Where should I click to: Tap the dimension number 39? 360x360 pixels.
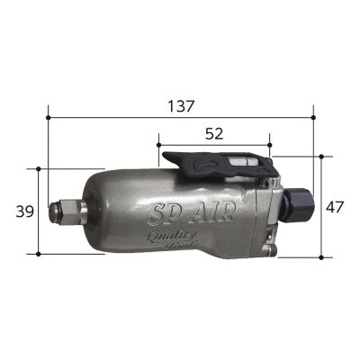pyautogui.click(x=25, y=211)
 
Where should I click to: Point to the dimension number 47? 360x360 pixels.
pyautogui.click(x=336, y=207)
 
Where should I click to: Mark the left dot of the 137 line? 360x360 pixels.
pyautogui.click(x=49, y=116)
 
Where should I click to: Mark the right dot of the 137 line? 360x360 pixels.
pyautogui.click(x=313, y=116)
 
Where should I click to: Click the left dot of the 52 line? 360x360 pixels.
pyautogui.click(x=158, y=143)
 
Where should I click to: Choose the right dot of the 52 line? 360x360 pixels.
pyautogui.click(x=269, y=143)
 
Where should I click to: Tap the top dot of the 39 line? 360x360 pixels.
pyautogui.click(x=39, y=168)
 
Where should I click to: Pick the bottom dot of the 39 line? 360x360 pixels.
pyautogui.click(x=39, y=255)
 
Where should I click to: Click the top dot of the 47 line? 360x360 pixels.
pyautogui.click(x=321, y=155)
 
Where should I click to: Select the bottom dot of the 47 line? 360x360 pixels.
pyautogui.click(x=321, y=258)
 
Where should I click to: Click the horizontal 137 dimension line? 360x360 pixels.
pyautogui.click(x=108, y=116)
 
